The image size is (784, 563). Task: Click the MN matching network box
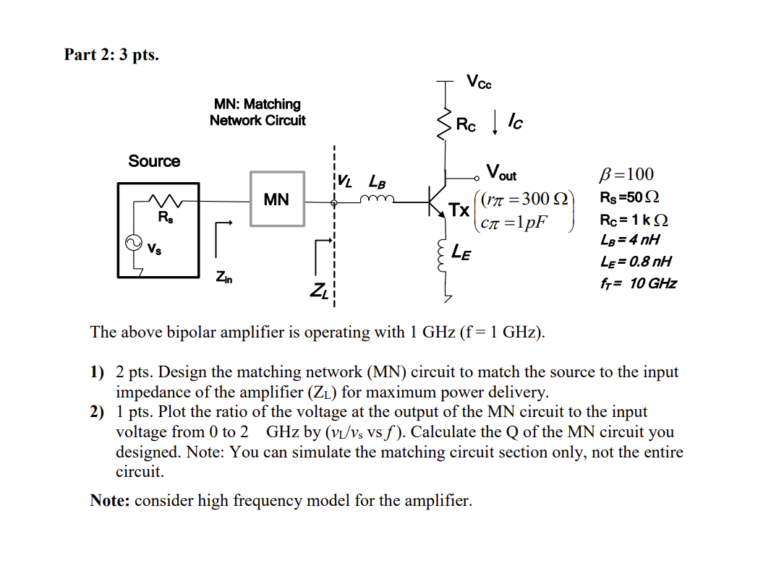pos(276,199)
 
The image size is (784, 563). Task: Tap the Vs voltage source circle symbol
pos(134,244)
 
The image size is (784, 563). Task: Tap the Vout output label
pos(501,173)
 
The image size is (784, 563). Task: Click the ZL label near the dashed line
pos(319,291)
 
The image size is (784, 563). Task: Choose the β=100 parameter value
pos(626,174)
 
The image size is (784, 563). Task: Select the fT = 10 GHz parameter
pos(638,283)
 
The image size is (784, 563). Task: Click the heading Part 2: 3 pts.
pos(111,54)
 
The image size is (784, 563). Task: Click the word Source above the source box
pos(154,161)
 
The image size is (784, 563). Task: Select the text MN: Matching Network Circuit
pos(257,112)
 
